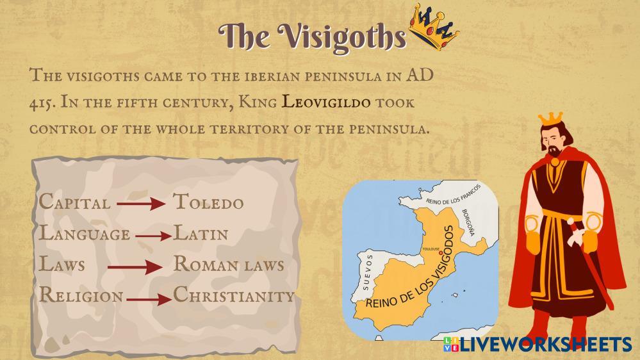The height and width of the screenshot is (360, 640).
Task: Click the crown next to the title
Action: (x=434, y=27)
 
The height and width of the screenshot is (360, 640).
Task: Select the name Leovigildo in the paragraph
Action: (x=326, y=102)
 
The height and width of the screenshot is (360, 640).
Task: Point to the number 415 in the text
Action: (x=40, y=103)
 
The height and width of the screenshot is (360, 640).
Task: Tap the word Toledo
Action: (x=208, y=202)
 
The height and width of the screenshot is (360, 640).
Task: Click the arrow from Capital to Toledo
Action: (x=141, y=203)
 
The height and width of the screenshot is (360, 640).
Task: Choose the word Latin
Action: (x=201, y=233)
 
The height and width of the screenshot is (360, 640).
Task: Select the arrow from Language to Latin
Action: (x=154, y=236)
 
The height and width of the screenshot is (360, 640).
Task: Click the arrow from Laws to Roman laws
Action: (x=135, y=267)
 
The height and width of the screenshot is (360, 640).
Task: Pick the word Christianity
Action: (x=234, y=295)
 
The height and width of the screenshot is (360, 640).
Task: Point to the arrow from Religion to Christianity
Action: (x=149, y=300)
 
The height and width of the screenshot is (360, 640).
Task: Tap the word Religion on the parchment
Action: (x=81, y=295)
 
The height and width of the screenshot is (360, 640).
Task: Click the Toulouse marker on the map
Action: (x=440, y=253)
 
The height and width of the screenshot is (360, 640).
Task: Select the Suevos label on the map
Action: (x=368, y=272)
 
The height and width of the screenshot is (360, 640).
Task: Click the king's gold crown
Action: (x=550, y=119)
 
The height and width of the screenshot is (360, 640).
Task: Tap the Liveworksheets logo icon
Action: (x=450, y=344)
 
